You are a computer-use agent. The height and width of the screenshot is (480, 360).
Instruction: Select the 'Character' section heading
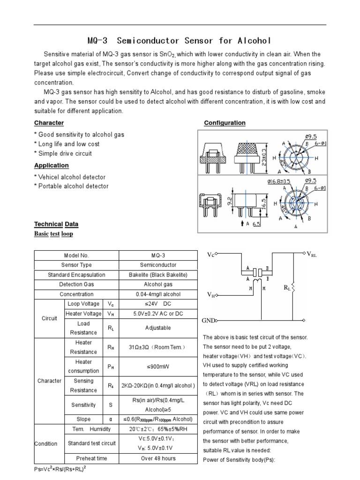tap(49, 123)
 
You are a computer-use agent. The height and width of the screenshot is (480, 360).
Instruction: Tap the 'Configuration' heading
tap(225, 123)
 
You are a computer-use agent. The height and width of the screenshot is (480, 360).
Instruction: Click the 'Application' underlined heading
tap(52, 165)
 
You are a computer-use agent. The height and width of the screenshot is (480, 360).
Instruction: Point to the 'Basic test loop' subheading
tap(53, 233)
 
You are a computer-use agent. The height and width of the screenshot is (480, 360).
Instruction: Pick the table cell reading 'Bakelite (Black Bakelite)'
tap(158, 275)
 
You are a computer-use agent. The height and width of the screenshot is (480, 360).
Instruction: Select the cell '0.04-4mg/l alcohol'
tap(158, 294)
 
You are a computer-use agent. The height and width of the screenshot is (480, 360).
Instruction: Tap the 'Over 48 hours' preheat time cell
tap(158, 458)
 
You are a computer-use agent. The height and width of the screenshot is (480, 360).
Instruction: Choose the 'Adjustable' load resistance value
tap(158, 328)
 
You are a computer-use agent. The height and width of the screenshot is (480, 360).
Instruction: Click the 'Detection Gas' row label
tap(76, 285)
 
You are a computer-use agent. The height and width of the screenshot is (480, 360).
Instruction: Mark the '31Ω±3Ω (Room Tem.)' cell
tap(158, 347)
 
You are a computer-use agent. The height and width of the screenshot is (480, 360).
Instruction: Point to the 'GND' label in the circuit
tap(208, 321)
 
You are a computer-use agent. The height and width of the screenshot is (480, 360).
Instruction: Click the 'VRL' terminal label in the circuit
tap(312, 255)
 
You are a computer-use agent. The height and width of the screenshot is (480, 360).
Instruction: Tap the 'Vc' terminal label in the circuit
tap(210, 255)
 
